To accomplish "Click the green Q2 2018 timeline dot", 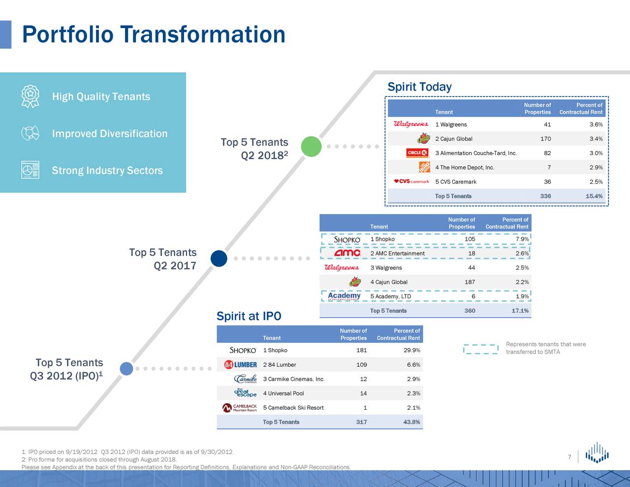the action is click(x=311, y=146).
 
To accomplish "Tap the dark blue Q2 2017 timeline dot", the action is click(x=219, y=259).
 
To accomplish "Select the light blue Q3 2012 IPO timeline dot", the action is click(x=126, y=369).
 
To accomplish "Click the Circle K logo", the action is click(x=417, y=153).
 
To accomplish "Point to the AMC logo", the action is click(x=347, y=253).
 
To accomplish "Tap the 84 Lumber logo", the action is click(x=241, y=364).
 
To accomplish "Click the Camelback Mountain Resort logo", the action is click(x=240, y=408).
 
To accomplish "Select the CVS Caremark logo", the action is click(x=411, y=182).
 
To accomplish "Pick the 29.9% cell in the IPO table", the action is click(x=411, y=350).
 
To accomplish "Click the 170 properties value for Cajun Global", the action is click(x=546, y=139).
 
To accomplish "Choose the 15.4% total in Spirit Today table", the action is click(x=594, y=196).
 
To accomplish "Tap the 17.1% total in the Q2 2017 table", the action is click(x=520, y=311).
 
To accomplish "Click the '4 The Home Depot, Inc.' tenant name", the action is click(x=465, y=167).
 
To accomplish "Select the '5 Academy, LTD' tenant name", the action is click(x=390, y=296).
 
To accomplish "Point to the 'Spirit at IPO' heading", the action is click(x=249, y=316).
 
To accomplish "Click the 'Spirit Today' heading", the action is click(x=419, y=87).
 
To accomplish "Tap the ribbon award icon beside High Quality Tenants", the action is click(x=30, y=97).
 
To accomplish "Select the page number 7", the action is click(x=569, y=457).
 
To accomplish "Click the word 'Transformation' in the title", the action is click(x=203, y=34).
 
